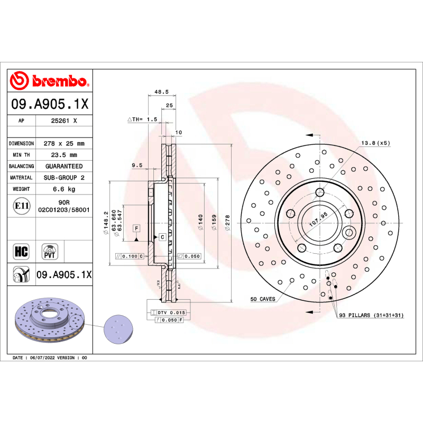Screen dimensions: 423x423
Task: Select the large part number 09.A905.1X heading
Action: tap(50, 105)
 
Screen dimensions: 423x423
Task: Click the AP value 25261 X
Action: tap(63, 121)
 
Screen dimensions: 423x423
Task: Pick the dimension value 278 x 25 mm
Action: tap(63, 143)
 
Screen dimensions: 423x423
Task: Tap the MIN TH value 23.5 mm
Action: tap(63, 155)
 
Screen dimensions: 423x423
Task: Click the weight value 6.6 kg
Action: tap(63, 189)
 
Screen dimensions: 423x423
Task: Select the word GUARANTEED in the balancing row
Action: tap(63, 166)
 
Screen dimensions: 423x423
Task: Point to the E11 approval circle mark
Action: tap(21, 206)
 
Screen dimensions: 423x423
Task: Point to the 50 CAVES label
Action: tap(263, 299)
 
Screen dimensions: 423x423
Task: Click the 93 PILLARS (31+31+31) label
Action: tap(372, 315)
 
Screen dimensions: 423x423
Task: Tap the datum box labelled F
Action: tap(136, 228)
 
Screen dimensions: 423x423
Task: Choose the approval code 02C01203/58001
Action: tap(63, 210)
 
